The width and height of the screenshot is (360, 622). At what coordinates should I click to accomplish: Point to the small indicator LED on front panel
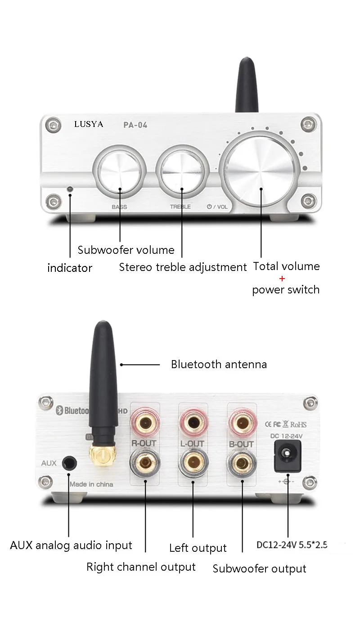(x=70, y=189)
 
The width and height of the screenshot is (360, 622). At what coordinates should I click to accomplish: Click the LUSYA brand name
(x=89, y=124)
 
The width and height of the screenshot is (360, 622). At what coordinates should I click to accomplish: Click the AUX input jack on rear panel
(x=69, y=463)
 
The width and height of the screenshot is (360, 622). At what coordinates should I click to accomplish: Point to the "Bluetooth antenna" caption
(x=219, y=364)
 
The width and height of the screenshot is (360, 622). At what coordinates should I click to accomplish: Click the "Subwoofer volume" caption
(x=126, y=250)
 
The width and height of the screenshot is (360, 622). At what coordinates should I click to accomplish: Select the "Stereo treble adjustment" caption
(x=183, y=267)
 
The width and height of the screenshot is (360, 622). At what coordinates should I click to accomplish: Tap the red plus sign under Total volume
(x=282, y=278)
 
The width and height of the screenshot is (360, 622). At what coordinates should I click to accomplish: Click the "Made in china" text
(x=92, y=484)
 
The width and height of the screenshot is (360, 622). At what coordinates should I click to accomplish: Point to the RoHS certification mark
(x=298, y=424)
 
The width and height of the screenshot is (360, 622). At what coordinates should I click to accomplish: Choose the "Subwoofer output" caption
(x=259, y=569)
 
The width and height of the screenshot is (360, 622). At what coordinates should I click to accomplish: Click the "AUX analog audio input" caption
(x=71, y=545)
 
